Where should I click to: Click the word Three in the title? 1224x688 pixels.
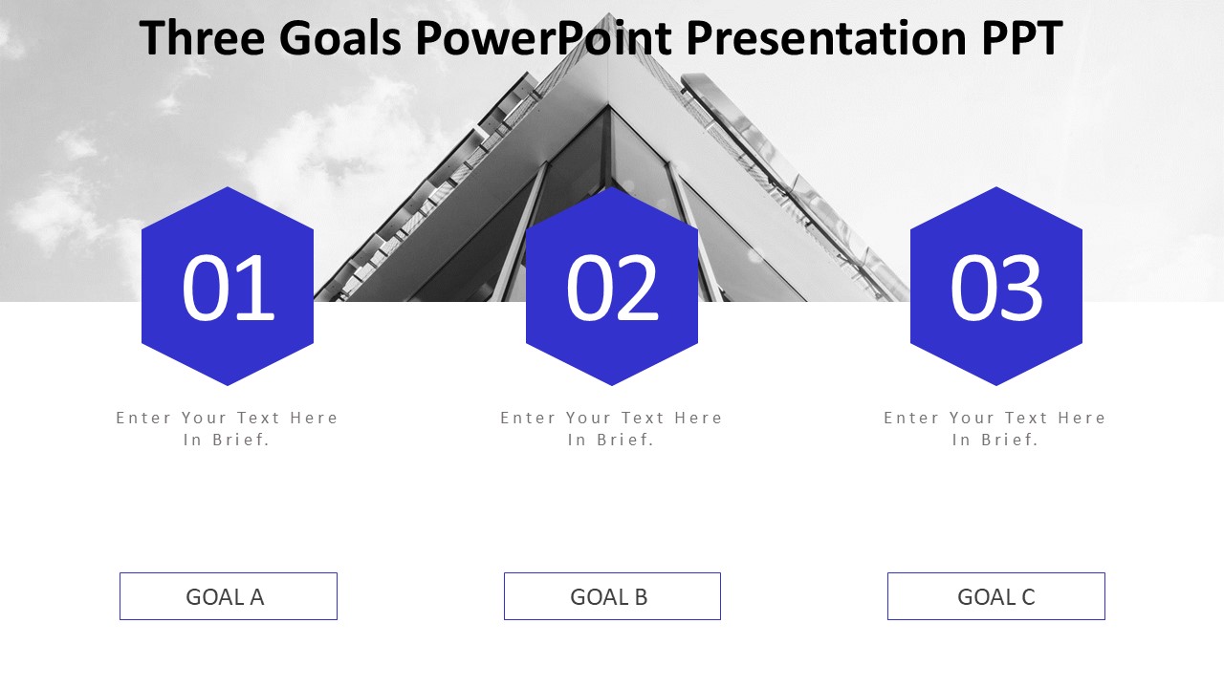pos(202,39)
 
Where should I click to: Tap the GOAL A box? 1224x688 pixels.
pos(228,596)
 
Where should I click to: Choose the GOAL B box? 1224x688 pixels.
pos(612,596)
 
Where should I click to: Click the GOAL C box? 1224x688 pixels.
pos(996,596)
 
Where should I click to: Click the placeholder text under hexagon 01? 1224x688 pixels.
pos(228,428)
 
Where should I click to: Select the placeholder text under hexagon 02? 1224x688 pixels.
pos(612,428)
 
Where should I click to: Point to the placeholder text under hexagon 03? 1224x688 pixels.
pos(995,428)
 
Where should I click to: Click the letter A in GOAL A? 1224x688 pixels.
pos(256,597)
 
